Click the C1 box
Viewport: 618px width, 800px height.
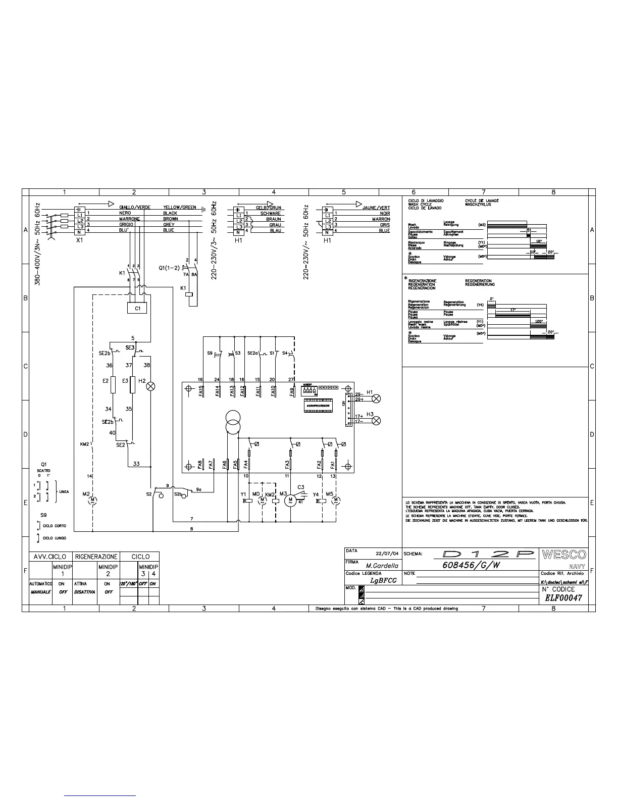point(137,308)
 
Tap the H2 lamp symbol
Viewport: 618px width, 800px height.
point(150,386)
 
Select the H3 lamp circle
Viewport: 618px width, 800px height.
point(376,421)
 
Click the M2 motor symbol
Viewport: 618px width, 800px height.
point(92,501)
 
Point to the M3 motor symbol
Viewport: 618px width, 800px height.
point(290,501)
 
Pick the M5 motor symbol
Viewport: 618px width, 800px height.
point(336,501)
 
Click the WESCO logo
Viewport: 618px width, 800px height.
point(563,555)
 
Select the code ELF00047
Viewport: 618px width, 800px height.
point(563,598)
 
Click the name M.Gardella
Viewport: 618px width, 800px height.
point(382,566)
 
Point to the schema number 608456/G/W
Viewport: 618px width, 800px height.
point(471,565)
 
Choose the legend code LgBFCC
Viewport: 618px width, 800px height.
point(383,580)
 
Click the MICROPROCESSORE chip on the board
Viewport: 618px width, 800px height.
point(318,405)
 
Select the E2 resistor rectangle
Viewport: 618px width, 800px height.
point(113,385)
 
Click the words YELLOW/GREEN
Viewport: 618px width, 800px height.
point(179,208)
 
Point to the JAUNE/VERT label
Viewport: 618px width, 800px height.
point(376,208)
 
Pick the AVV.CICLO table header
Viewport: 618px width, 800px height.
point(50,557)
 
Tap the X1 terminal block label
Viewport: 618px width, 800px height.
point(79,241)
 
